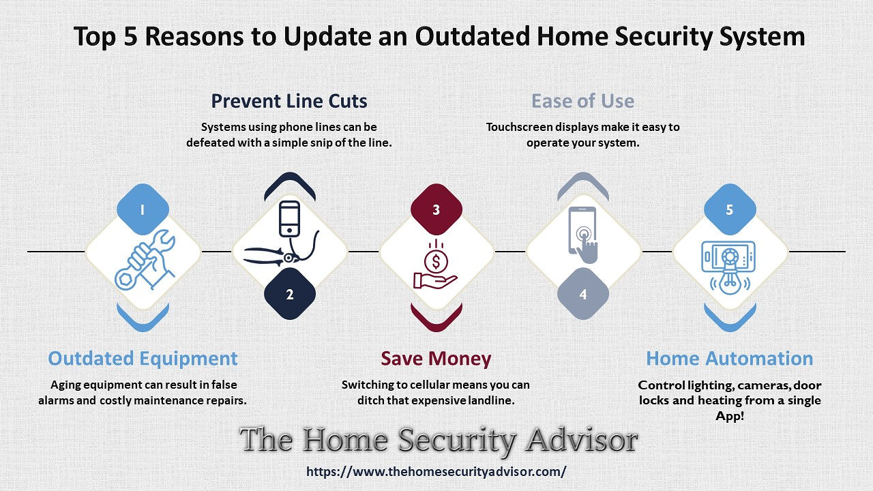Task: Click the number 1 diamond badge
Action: point(143,209)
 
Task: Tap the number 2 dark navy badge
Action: point(290,294)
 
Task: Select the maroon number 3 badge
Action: point(436,209)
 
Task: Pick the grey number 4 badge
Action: point(583,294)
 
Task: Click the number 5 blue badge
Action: point(730,209)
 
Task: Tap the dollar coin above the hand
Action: point(436,261)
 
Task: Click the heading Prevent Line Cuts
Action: point(289,102)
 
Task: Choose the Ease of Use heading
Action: point(582,102)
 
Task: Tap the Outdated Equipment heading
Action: point(143,359)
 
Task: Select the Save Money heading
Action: point(436,359)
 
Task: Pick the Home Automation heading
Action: point(730,359)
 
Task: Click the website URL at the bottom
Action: point(436,471)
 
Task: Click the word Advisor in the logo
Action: point(581,441)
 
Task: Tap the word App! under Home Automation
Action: point(730,416)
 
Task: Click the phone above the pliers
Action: point(290,219)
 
